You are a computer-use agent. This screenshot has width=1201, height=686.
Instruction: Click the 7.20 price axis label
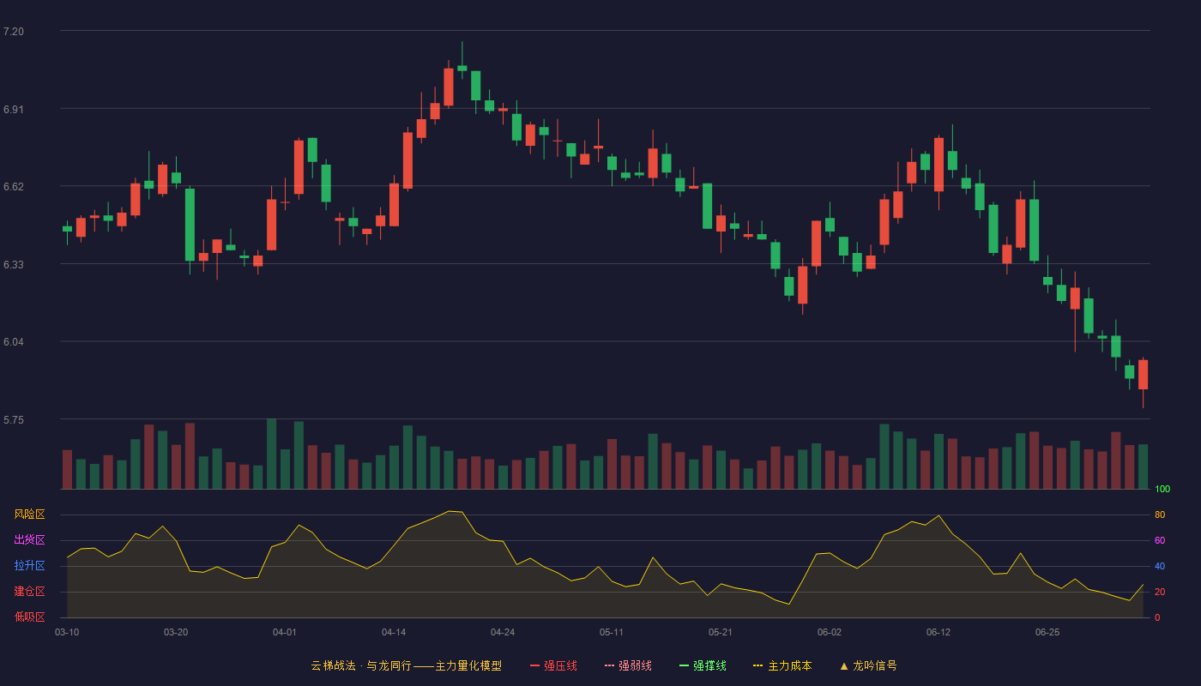(x=14, y=32)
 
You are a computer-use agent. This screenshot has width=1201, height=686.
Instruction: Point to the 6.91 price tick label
(x=14, y=110)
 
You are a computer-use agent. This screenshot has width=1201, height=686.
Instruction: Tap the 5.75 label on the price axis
(x=14, y=419)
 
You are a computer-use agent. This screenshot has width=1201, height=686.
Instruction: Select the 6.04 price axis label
(x=14, y=342)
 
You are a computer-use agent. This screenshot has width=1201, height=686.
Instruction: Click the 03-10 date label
(x=67, y=633)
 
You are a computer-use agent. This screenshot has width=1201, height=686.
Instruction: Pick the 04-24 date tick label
(x=503, y=633)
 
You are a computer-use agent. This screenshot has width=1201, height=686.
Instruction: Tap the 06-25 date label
(x=1047, y=633)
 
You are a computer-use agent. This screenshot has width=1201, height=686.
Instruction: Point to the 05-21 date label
(x=720, y=633)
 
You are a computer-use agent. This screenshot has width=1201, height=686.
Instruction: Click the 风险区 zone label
(x=29, y=514)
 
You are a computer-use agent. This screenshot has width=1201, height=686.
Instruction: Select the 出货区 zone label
(x=29, y=539)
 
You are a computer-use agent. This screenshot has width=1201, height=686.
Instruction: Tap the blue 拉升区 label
(x=29, y=565)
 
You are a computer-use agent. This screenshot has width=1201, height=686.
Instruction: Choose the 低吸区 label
(x=29, y=617)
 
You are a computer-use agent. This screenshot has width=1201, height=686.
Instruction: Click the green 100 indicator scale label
(x=1162, y=489)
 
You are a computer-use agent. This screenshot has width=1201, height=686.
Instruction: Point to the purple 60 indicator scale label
(x=1160, y=540)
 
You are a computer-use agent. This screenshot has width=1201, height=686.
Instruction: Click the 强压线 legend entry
(x=553, y=665)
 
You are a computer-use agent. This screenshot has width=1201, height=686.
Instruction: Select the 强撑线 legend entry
(x=703, y=665)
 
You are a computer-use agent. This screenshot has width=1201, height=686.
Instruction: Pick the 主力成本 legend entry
(x=782, y=665)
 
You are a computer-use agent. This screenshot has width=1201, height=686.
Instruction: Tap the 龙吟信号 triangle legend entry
(x=868, y=665)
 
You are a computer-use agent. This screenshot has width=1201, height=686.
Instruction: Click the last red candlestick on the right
(x=1143, y=375)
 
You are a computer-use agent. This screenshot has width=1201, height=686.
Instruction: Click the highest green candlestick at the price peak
(x=462, y=68)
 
